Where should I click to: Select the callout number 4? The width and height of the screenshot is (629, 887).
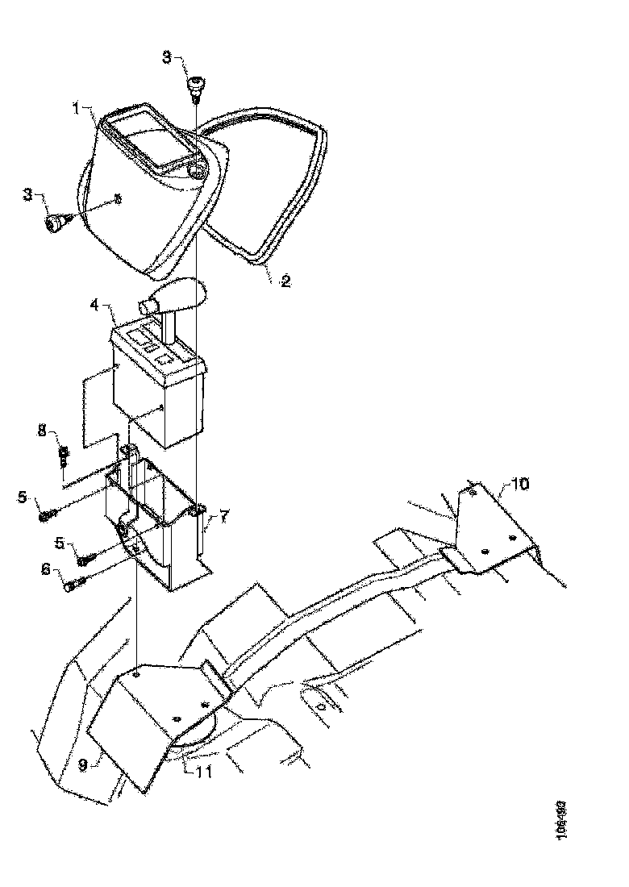[x=94, y=306]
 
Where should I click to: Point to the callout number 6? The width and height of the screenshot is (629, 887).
[x=45, y=570]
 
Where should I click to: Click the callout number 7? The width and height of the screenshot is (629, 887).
[x=224, y=514]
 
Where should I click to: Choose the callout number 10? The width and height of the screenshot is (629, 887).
[x=520, y=484]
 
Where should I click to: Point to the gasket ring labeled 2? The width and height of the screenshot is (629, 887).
[x=270, y=185]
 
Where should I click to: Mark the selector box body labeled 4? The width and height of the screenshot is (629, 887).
[x=157, y=395]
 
